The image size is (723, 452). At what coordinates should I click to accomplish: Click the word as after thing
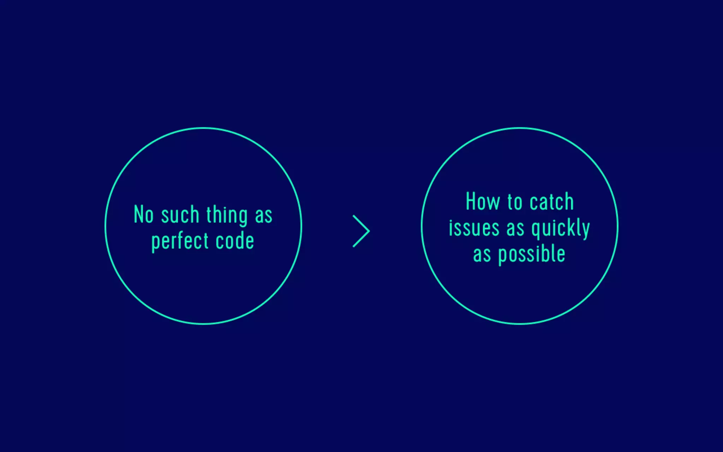(264, 215)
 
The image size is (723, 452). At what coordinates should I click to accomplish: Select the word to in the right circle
(515, 202)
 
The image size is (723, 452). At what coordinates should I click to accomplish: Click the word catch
(551, 202)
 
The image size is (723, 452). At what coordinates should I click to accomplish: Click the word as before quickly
(515, 228)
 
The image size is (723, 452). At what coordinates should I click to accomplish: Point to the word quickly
(561, 228)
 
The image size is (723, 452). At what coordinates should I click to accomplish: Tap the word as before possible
(482, 255)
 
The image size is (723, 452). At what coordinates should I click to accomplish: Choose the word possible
(532, 255)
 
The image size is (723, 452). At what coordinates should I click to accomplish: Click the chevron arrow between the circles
(361, 231)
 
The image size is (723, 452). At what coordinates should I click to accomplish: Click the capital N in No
(138, 214)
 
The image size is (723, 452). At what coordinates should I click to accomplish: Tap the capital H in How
(471, 201)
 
